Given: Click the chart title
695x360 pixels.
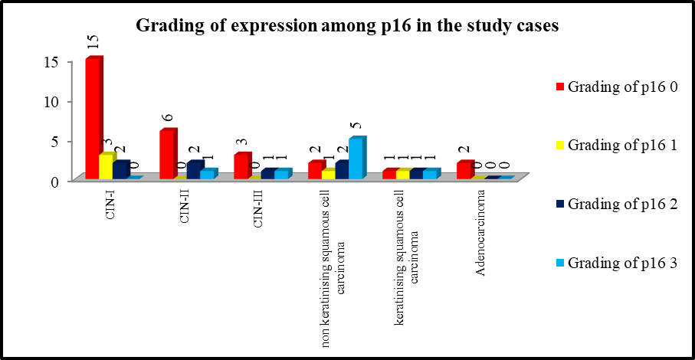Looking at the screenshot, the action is point(347,26).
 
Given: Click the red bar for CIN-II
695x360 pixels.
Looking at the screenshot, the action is point(169,154).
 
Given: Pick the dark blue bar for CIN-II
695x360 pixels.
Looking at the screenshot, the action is point(195,169).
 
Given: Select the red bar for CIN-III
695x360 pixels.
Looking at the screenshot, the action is point(242,165).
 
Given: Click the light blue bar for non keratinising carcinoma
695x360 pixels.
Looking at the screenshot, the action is point(358,158).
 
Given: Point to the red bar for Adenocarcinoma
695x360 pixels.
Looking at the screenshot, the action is point(465,169).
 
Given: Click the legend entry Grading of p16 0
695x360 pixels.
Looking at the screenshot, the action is point(617,87).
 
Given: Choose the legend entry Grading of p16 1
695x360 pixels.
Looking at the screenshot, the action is point(617,145).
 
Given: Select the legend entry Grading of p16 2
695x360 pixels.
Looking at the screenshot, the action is point(617,204).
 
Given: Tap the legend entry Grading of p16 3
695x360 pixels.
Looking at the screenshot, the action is point(617,263).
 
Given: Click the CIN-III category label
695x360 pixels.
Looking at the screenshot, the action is point(258,208).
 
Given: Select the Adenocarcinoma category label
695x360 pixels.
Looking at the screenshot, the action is point(481,233).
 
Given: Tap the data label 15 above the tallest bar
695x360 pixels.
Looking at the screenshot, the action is point(93,42).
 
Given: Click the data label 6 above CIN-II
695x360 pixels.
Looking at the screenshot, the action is point(167,118).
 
